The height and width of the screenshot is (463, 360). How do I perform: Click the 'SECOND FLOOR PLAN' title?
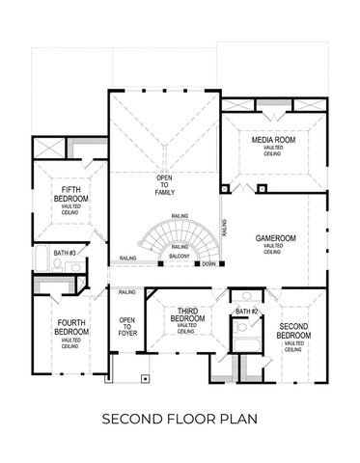[180, 420]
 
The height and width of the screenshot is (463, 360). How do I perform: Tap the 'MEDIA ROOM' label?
[272, 140]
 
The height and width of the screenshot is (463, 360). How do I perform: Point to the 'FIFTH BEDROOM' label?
[71, 194]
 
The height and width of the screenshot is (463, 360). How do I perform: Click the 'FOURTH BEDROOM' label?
[70, 327]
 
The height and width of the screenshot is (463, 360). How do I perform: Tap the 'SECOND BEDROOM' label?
[294, 331]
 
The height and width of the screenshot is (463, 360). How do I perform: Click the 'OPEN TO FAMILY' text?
[164, 184]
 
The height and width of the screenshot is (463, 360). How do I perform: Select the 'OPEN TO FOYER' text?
[126, 326]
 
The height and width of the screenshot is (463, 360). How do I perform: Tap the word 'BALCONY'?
[179, 258]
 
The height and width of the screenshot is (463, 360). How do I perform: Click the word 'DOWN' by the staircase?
[209, 262]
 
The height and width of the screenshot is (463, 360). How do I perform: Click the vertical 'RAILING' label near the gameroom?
[224, 228]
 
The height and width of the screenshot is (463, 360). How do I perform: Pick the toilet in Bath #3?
[57, 262]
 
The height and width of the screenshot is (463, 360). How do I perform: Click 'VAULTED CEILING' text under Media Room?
[272, 151]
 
